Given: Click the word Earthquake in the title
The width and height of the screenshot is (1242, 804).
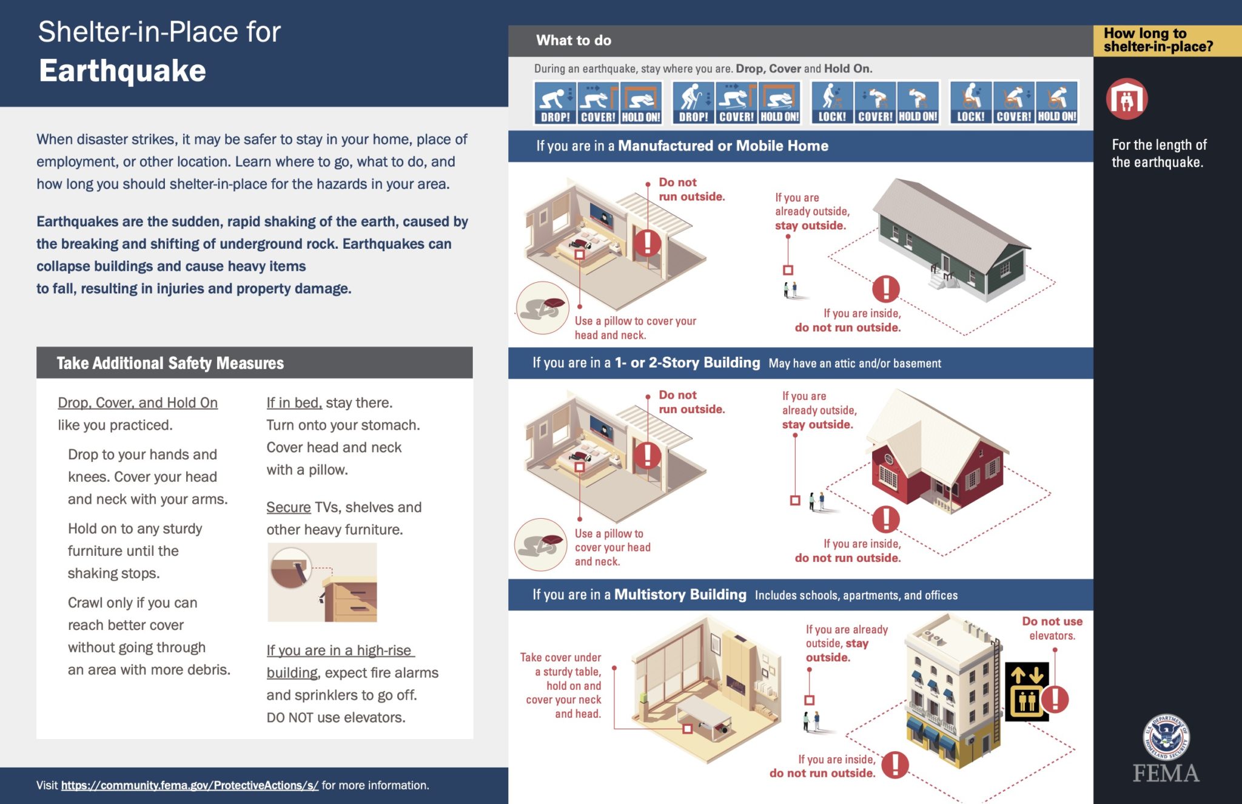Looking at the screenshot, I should [123, 71].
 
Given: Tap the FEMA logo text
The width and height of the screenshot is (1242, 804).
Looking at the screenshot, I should [1166, 774].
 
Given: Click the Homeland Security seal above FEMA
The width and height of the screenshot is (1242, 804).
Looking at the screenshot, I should [1166, 737].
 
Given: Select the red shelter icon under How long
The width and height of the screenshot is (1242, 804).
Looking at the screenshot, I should [1126, 99].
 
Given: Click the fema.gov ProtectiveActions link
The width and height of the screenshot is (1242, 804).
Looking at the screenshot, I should [189, 785].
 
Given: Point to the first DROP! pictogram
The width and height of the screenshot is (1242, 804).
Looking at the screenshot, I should [555, 103].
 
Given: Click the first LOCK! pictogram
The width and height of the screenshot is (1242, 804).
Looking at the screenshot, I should [832, 103].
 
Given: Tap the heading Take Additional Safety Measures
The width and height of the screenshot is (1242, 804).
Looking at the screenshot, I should [170, 363].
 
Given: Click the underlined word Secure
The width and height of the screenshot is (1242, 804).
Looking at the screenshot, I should [288, 507].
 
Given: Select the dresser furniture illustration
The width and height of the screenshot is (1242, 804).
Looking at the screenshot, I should [350, 598].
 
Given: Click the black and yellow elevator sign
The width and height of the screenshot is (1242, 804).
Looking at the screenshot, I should [1026, 692].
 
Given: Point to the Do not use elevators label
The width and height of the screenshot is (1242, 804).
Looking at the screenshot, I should [1052, 628].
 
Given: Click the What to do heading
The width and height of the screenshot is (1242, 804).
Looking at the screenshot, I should [573, 41].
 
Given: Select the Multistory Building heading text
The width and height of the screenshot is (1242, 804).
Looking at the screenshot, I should [680, 595].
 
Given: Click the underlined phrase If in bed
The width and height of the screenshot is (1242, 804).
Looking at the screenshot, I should [294, 403].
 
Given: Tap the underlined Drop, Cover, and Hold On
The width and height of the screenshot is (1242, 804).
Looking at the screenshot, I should [138, 403].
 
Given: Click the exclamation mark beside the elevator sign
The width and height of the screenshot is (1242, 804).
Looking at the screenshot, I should [1056, 699].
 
